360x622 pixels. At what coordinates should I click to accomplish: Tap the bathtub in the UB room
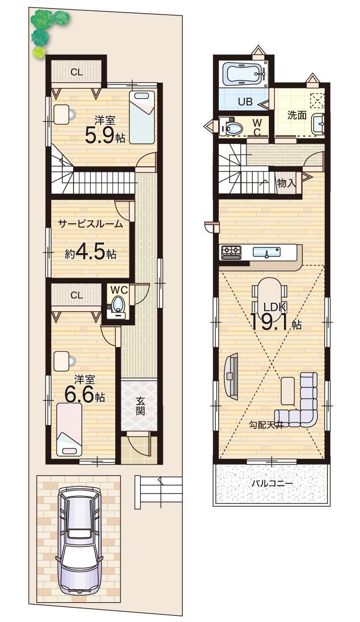(x=244, y=74)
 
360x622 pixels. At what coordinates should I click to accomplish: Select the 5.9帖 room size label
(x=105, y=135)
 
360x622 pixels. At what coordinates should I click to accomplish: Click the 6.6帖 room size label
(x=85, y=395)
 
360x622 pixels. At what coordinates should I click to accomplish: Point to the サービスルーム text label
(x=91, y=224)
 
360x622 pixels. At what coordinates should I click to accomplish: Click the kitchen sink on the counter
(x=266, y=252)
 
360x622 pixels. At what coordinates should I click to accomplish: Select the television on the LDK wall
(x=231, y=376)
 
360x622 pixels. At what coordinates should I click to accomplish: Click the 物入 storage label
(x=286, y=183)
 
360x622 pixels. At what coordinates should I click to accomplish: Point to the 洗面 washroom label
(x=297, y=115)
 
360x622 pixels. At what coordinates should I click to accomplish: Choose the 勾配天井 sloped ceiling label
(x=266, y=425)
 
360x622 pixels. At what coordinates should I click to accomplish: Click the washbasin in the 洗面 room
(x=318, y=124)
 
